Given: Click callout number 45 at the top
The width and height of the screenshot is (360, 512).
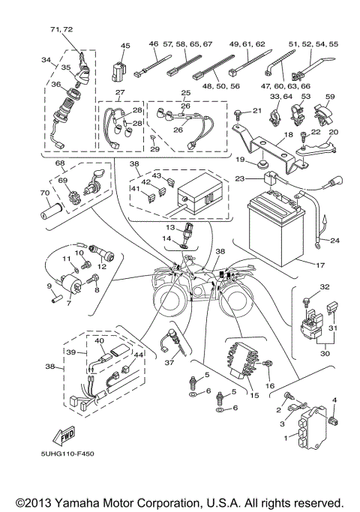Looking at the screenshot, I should point(125,45).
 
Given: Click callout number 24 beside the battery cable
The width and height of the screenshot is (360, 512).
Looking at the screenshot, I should point(335,241).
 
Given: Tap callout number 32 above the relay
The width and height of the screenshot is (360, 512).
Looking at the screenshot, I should point(304,287).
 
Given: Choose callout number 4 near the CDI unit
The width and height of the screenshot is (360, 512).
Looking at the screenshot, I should point(334,400).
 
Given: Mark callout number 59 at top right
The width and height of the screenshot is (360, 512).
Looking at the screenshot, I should point(330,95).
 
